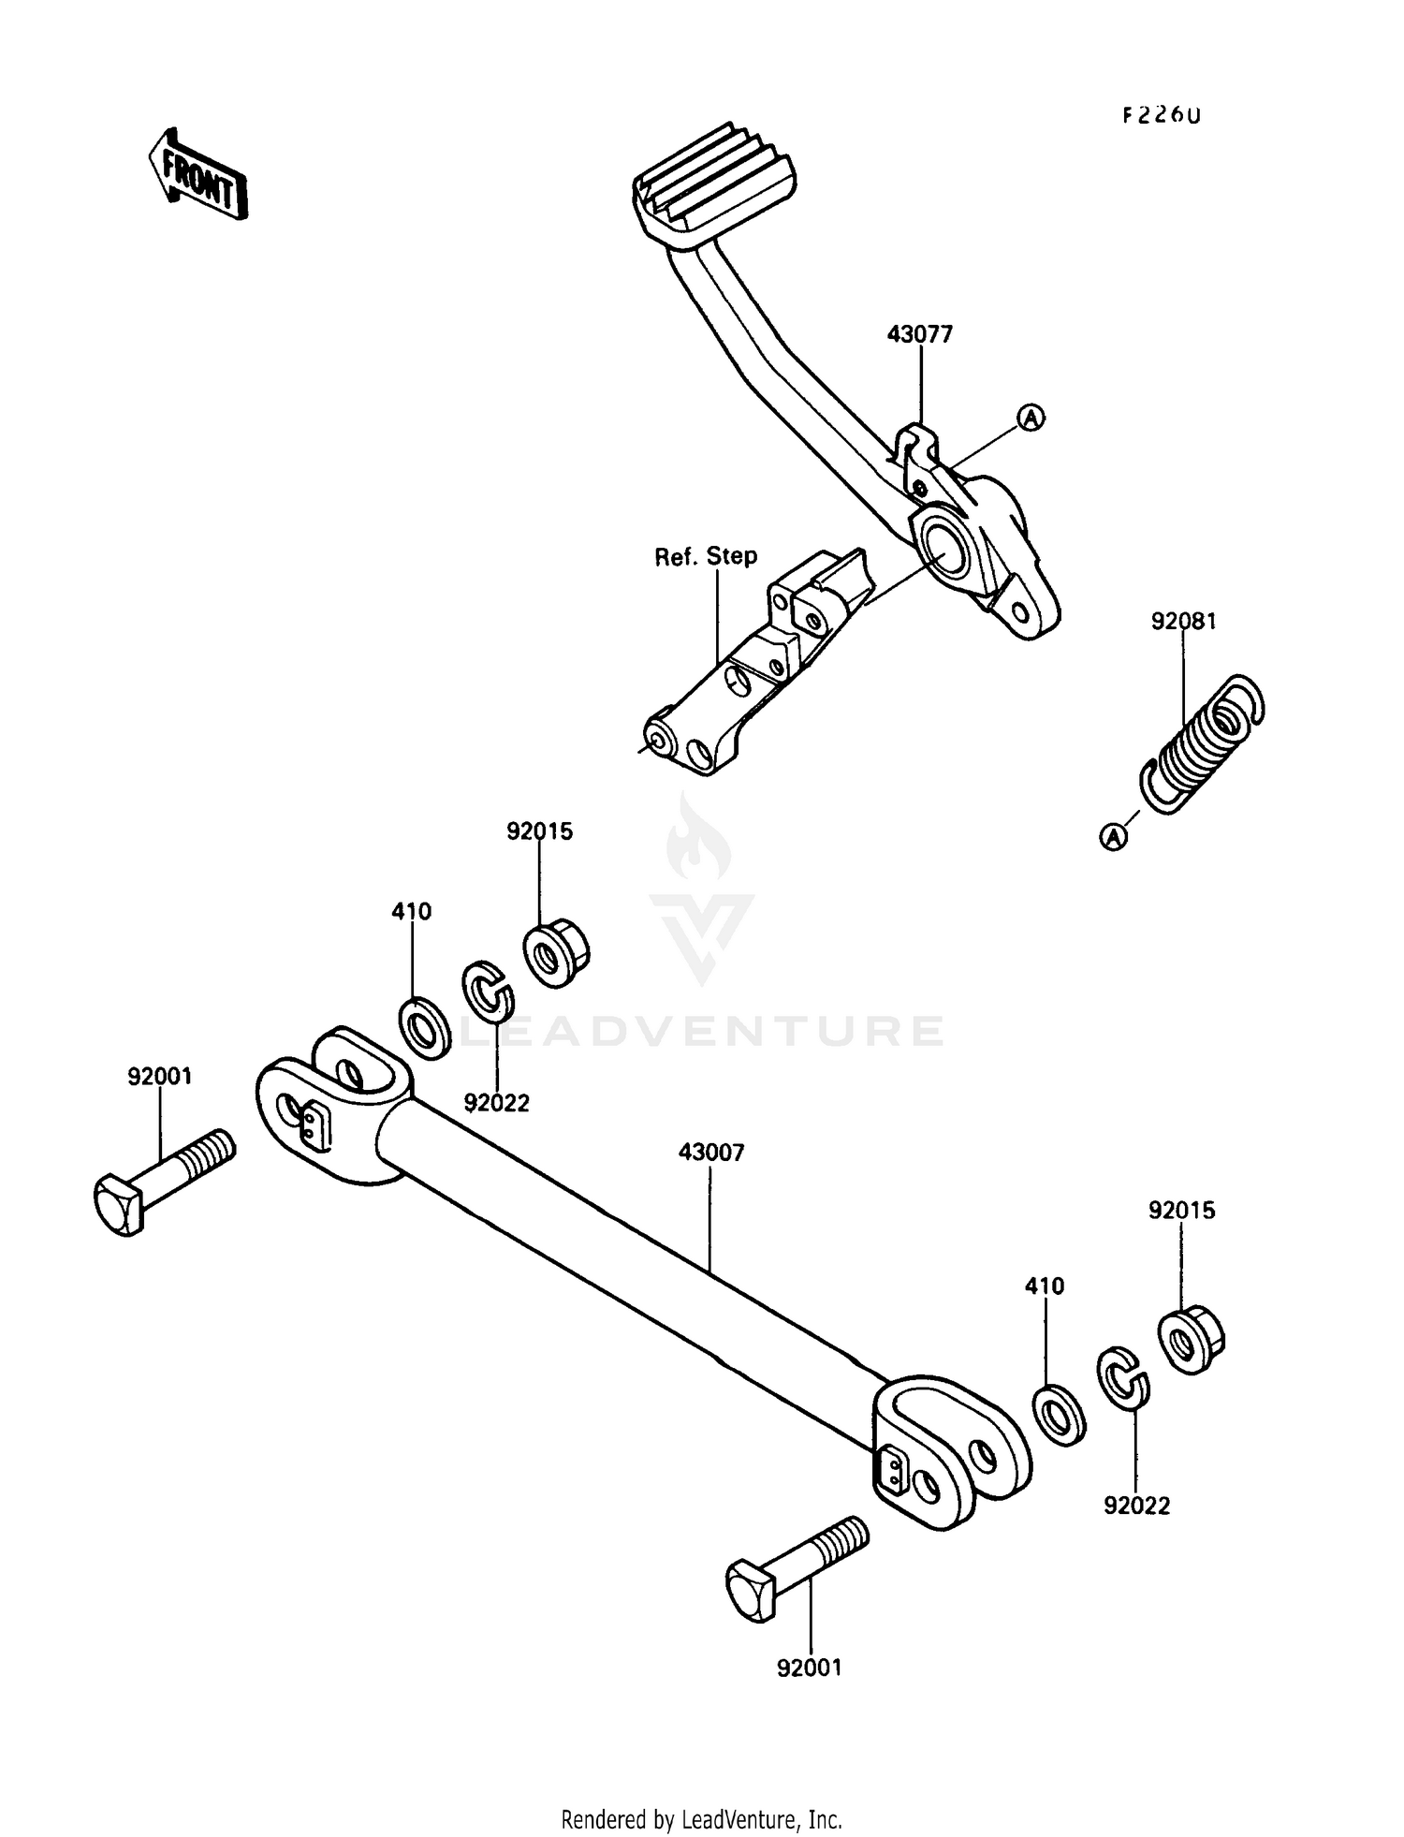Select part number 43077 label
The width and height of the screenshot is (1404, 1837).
point(919,334)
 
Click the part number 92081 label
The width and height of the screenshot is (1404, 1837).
point(1183,621)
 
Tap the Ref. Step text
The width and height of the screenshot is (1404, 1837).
point(705,556)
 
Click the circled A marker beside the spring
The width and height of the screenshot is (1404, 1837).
point(1113,836)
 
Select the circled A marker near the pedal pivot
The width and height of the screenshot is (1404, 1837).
point(1031,418)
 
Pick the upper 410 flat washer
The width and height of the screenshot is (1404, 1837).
point(426,1027)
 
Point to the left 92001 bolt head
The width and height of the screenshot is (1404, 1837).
point(119,1205)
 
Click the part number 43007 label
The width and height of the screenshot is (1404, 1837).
point(710,1153)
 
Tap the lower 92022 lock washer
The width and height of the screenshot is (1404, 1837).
point(1122,1377)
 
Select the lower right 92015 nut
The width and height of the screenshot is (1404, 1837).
point(1192,1343)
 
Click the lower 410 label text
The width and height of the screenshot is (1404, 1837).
point(1044,1286)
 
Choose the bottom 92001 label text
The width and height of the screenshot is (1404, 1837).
point(809,1668)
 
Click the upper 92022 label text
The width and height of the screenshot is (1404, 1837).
point(496,1103)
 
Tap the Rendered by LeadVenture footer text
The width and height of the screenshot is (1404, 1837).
point(701,1819)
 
